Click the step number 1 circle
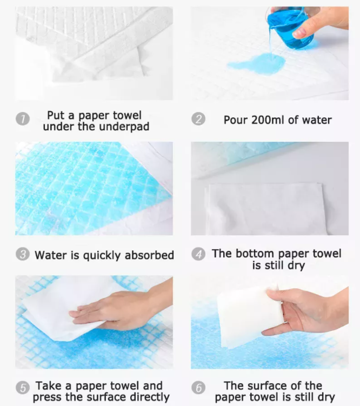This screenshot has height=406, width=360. pyautogui.click(x=22, y=120)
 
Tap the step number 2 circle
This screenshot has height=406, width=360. pyautogui.click(x=199, y=119)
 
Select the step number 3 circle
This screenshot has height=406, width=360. pyautogui.click(x=23, y=255)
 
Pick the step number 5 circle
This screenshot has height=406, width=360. pyautogui.click(x=23, y=388)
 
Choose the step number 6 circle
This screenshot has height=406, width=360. pyautogui.click(x=199, y=388)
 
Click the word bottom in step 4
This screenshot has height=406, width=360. pyautogui.click(x=253, y=253)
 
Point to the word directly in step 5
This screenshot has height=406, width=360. pyautogui.click(x=148, y=397)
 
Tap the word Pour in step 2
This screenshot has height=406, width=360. pyautogui.click(x=235, y=120)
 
